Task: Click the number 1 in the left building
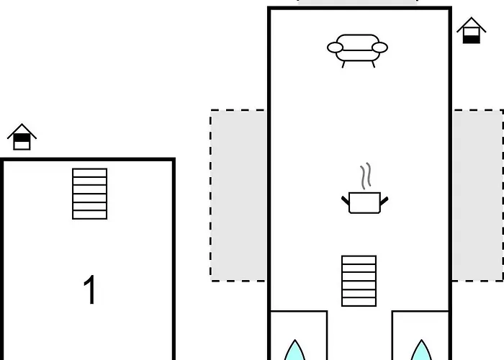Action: [x=90, y=289]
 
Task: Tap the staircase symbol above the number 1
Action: [x=90, y=194]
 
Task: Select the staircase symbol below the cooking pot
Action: [x=359, y=281]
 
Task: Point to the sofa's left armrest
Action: [x=335, y=48]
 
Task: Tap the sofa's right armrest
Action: [x=379, y=48]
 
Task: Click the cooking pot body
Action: [x=364, y=202]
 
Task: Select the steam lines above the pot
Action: [x=366, y=176]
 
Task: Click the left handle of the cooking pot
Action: [x=345, y=200]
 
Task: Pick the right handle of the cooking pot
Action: [x=384, y=201]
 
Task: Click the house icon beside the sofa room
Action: [x=472, y=30]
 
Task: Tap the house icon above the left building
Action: [x=22, y=137]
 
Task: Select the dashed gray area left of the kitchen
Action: [x=238, y=195]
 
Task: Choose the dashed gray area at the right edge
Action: [x=478, y=195]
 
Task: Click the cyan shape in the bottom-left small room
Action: [x=294, y=350]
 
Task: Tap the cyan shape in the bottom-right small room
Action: [x=421, y=350]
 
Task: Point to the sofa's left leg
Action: [x=343, y=65]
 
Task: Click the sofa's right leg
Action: [x=373, y=65]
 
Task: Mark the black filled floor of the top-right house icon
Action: [x=472, y=39]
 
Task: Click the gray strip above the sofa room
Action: [x=357, y=2]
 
